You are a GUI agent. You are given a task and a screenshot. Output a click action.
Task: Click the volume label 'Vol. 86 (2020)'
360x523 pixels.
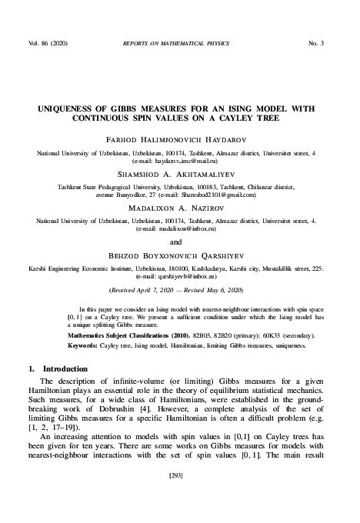(50, 42)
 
